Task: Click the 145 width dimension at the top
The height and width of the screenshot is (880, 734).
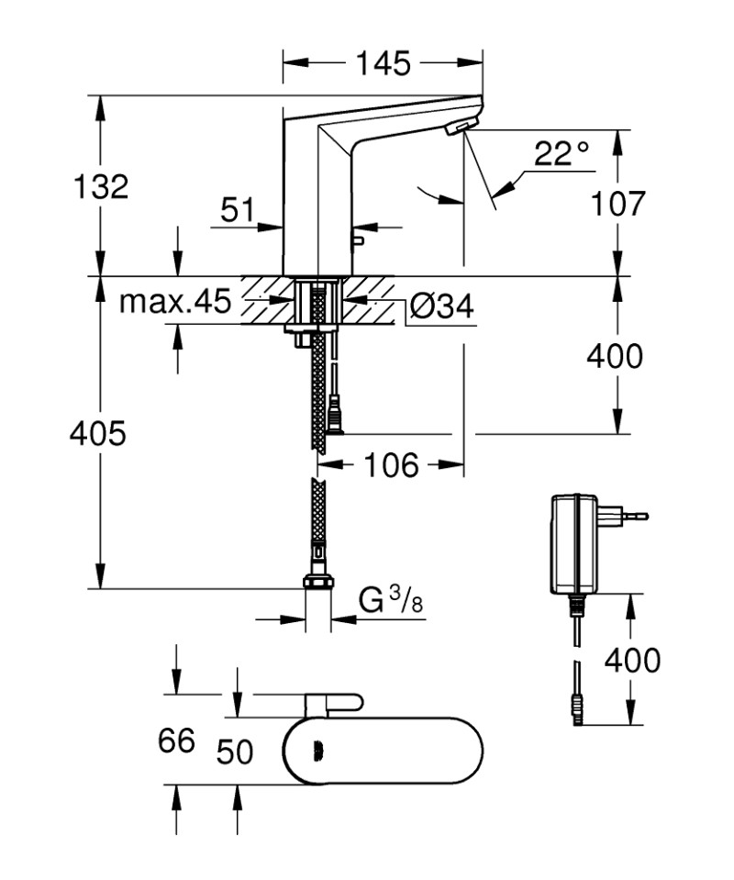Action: click(383, 63)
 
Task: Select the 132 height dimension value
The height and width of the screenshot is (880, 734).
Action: click(101, 186)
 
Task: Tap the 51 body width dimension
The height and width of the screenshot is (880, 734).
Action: click(237, 210)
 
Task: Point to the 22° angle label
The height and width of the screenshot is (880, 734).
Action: click(562, 153)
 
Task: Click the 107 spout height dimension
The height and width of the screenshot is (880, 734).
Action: click(616, 203)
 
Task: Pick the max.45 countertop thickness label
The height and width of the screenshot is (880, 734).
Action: click(174, 302)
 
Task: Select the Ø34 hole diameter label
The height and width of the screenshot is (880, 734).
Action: click(441, 306)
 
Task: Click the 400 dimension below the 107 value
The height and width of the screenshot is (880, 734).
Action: click(616, 355)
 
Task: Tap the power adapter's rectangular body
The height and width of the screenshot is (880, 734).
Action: click(574, 544)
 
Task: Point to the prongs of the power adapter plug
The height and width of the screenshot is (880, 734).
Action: click(634, 516)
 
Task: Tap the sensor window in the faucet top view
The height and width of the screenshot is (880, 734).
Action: click(318, 752)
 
